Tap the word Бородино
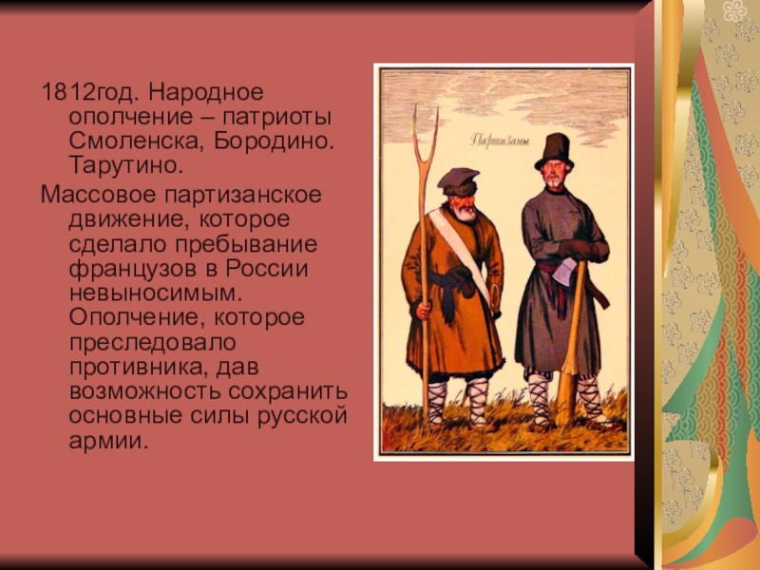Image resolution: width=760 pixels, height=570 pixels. pyautogui.click(x=275, y=141)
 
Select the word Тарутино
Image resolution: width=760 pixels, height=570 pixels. pyautogui.click(x=126, y=165)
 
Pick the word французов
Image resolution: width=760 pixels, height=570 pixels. pyautogui.click(x=134, y=270)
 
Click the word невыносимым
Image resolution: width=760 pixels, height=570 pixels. pyautogui.click(x=156, y=294)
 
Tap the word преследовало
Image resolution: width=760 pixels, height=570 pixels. pyautogui.click(x=153, y=343)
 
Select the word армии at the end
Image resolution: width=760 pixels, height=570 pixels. pyautogui.click(x=107, y=442)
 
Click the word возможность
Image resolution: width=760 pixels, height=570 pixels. pyautogui.click(x=144, y=391)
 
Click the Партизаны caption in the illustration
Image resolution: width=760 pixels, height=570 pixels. pyautogui.click(x=500, y=141)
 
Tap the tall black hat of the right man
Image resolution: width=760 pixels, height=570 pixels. pyautogui.click(x=555, y=151)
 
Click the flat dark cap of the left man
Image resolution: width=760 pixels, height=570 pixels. pyautogui.click(x=459, y=179)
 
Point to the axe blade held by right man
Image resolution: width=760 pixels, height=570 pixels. pyautogui.click(x=563, y=273)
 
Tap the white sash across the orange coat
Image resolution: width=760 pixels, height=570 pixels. pyautogui.click(x=460, y=256)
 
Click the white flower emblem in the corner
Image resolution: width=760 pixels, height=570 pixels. pyautogui.click(x=735, y=10)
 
